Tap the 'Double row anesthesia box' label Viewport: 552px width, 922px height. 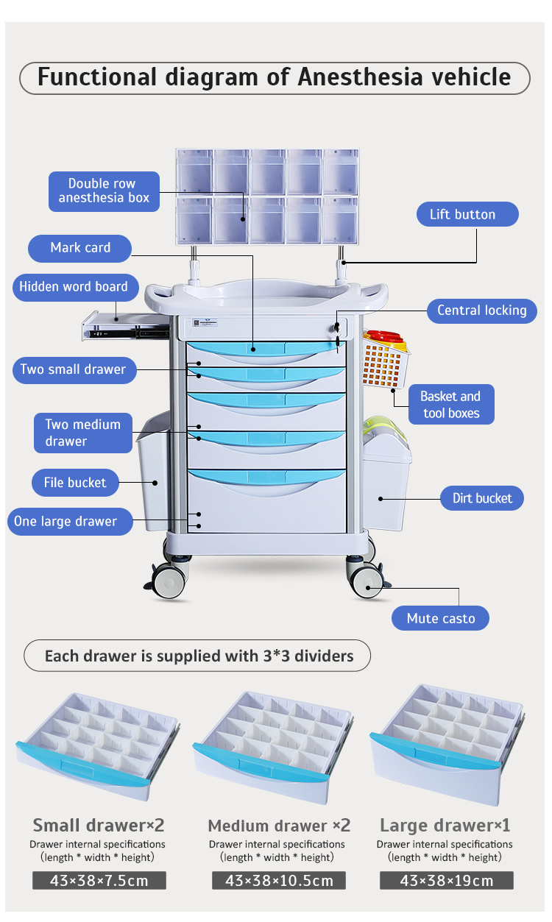point(104,191)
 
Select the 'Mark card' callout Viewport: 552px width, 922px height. point(80,248)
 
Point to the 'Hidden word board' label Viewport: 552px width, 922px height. point(74,287)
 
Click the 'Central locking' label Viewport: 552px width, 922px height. point(481,311)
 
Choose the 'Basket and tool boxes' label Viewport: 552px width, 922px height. point(450,405)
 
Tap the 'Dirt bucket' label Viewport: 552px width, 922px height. point(482,498)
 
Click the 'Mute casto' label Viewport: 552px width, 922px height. point(440,618)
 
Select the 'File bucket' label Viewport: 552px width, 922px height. point(75,483)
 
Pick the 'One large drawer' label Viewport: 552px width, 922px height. point(66,522)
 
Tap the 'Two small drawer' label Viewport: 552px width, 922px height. point(73,369)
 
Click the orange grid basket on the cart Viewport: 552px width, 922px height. point(384,362)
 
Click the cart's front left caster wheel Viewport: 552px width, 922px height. point(169,582)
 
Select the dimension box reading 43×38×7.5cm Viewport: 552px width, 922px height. point(99,881)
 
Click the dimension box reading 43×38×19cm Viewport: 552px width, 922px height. point(446,881)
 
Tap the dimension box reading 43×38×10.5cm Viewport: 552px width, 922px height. point(279,881)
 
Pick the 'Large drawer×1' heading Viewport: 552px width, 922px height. point(445,825)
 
